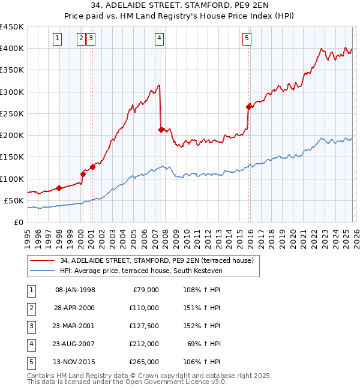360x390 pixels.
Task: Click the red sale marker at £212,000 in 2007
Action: click(x=161, y=130)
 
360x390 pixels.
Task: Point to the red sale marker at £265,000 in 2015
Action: click(x=248, y=107)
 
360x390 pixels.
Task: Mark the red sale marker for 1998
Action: click(x=59, y=188)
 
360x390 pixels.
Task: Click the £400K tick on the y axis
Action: click(x=12, y=49)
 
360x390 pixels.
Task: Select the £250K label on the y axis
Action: click(x=12, y=113)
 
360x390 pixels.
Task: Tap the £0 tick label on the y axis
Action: click(x=18, y=222)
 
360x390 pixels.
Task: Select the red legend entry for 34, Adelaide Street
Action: click(x=157, y=260)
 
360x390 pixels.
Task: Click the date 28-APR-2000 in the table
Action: click(x=75, y=308)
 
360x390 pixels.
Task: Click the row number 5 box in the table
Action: click(x=31, y=362)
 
